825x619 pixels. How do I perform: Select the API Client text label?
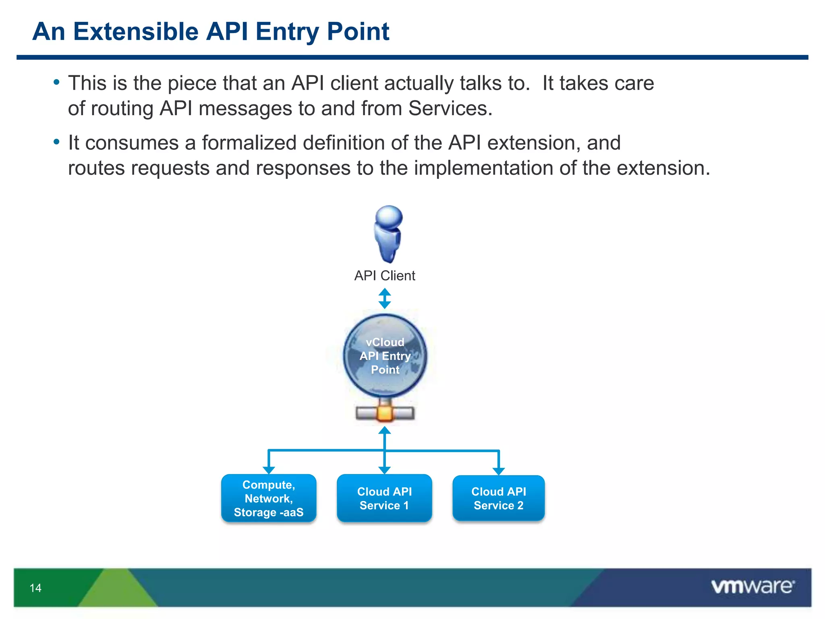tap(384, 276)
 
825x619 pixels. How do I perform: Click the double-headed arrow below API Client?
tap(385, 298)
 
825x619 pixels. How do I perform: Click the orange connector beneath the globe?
tap(385, 413)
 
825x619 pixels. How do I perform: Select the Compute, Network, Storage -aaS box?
tap(269, 499)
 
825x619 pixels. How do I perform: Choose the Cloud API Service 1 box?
tap(384, 499)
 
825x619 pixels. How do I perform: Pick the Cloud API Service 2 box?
tap(498, 499)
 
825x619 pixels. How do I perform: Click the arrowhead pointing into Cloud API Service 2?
tap(499, 471)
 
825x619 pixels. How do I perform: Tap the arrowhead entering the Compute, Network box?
tap(269, 470)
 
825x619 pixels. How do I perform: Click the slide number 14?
tap(35, 588)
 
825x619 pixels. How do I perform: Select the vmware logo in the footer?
tap(752, 586)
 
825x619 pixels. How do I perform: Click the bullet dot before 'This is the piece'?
tap(56, 83)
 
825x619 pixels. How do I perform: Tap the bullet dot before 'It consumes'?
tap(56, 142)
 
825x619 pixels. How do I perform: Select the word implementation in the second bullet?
tap(483, 168)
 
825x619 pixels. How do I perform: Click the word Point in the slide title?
tap(358, 31)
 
